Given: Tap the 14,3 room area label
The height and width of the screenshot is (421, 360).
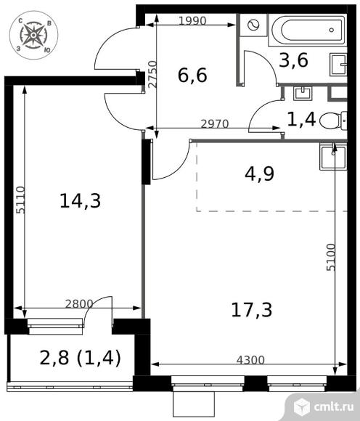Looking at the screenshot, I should [79, 201].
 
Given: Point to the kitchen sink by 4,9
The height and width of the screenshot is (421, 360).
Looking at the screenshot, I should [333, 155].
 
